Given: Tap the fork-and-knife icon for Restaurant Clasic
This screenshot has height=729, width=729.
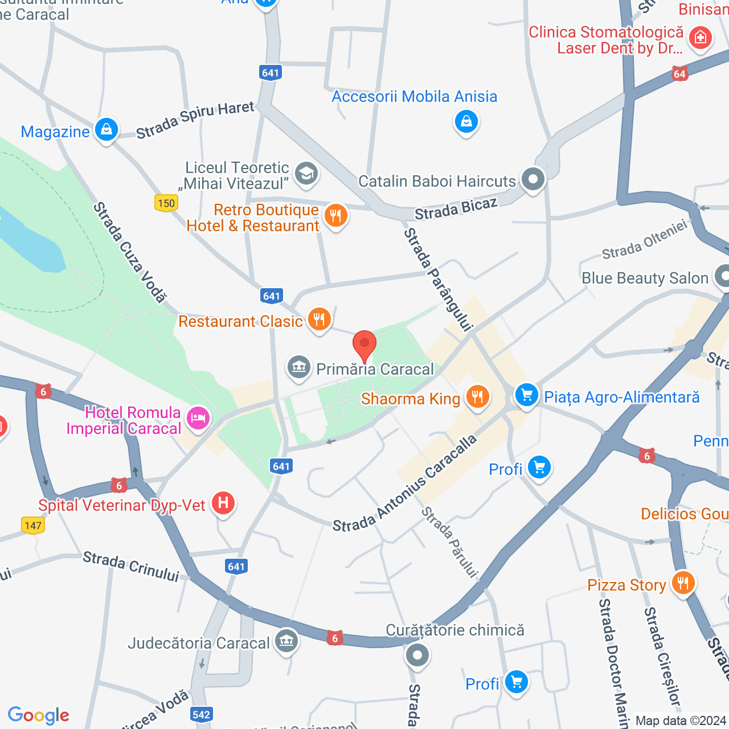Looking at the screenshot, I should (x=319, y=320).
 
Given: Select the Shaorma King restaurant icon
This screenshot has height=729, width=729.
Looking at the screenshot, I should (x=477, y=397).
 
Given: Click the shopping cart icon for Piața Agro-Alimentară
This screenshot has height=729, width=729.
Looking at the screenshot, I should (x=526, y=395).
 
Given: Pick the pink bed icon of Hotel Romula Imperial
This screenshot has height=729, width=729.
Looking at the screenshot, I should (x=198, y=419).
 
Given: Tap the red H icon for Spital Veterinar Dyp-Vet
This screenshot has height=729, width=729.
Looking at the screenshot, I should (x=223, y=503).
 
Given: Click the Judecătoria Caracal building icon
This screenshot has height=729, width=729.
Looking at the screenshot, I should (x=286, y=641).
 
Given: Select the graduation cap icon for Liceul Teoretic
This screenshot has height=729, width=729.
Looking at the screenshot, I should (x=306, y=173).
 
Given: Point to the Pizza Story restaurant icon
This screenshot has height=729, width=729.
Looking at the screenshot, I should (x=682, y=583).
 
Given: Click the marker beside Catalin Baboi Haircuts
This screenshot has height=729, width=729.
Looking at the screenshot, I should (x=533, y=179).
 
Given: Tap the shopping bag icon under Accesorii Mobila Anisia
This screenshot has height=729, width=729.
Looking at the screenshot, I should (x=466, y=121).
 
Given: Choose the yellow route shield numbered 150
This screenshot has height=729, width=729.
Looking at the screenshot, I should (x=166, y=203).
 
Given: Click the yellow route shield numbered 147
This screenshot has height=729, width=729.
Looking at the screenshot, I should (x=33, y=525).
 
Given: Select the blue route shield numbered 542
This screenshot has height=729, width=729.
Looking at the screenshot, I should (x=202, y=715).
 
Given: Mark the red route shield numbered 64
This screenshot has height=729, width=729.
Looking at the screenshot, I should (x=679, y=74).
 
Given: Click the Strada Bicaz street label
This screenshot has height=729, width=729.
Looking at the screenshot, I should (x=456, y=209).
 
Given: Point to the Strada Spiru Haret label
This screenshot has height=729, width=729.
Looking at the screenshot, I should (x=195, y=119).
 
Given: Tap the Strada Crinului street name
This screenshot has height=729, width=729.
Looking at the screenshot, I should (x=130, y=566).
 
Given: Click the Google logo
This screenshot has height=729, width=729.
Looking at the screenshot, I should (x=38, y=715).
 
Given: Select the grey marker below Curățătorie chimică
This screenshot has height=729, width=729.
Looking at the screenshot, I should (x=417, y=656).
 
